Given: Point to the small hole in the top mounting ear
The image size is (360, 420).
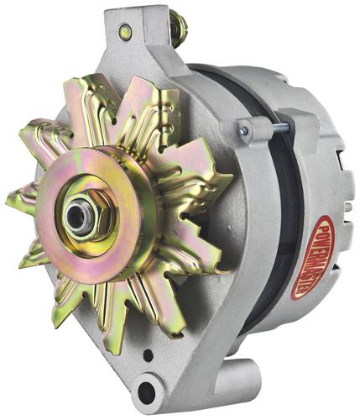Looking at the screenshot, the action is tap(124, 29).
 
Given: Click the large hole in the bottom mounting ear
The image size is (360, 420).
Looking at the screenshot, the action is tap(147, 390).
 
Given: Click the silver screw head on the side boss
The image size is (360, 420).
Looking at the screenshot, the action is tap(244, 129).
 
